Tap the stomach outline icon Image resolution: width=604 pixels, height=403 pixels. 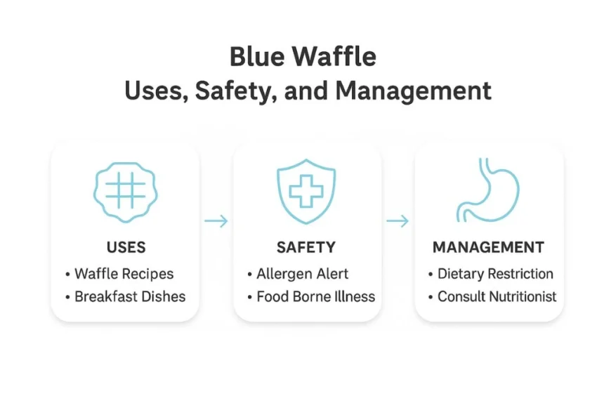click(487, 190)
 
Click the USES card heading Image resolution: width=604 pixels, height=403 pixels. click(126, 247)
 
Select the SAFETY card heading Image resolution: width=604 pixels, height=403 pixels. click(306, 247)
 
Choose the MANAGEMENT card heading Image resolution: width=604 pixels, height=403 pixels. click(488, 247)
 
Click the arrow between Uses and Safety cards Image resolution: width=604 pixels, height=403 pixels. click(216, 222)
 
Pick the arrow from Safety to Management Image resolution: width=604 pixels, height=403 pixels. click(398, 222)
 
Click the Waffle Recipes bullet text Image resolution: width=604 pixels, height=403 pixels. click(124, 274)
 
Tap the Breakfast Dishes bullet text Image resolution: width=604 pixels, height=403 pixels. click(130, 296)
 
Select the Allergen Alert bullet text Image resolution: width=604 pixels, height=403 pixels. click(303, 274)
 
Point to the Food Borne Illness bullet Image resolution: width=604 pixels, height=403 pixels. click(315, 296)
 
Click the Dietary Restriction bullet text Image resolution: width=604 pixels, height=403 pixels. click(495, 274)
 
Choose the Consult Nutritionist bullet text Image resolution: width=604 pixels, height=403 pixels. click(497, 296)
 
